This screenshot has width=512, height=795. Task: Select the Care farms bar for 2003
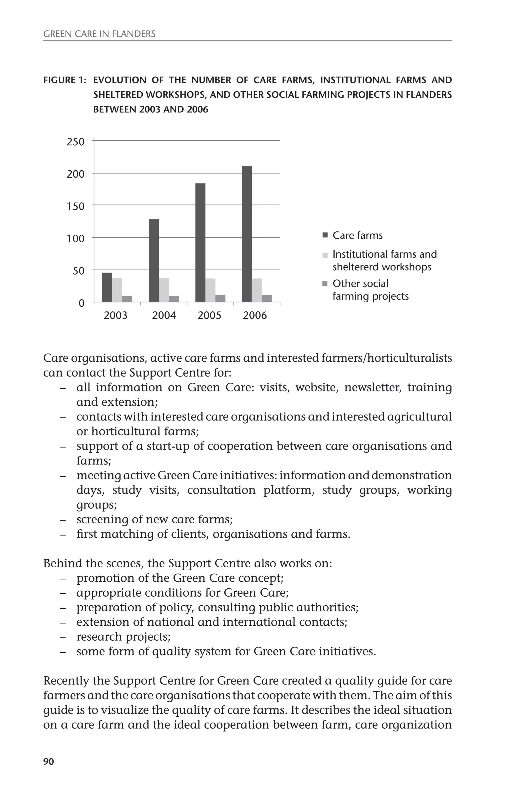(x=107, y=287)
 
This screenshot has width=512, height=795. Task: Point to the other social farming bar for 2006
(x=267, y=298)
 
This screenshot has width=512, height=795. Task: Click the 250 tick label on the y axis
(x=75, y=142)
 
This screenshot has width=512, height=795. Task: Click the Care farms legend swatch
(x=325, y=235)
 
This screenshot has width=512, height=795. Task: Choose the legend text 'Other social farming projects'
(x=370, y=290)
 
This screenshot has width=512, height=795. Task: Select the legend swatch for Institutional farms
(x=325, y=255)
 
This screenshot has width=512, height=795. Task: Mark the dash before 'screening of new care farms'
(x=62, y=520)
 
